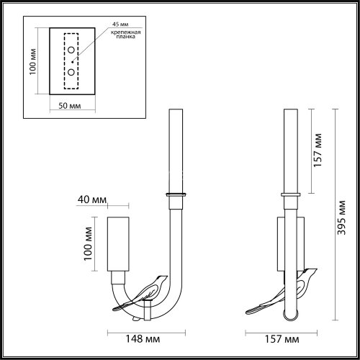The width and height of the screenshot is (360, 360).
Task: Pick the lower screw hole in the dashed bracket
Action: (72, 72)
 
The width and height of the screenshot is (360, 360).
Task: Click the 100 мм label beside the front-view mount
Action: (86, 245)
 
